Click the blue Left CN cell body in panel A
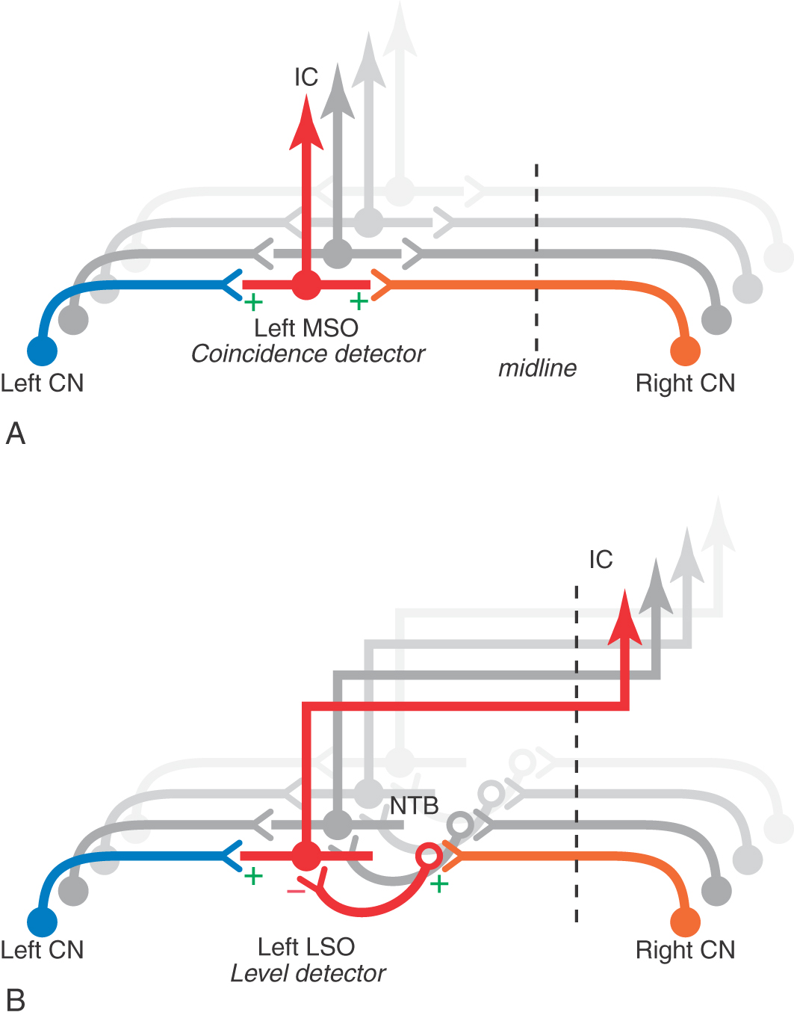(x=42, y=350)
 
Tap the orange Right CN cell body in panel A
(x=685, y=350)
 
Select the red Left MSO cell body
(x=305, y=285)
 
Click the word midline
(x=537, y=368)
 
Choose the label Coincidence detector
(x=308, y=354)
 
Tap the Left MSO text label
(x=306, y=327)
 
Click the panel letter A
(x=16, y=434)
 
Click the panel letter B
(x=16, y=999)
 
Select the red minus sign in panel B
(x=296, y=890)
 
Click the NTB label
(x=414, y=806)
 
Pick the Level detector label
(x=308, y=973)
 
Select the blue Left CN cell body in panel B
(x=42, y=922)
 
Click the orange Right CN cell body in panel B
(x=685, y=922)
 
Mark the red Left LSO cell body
(x=305, y=856)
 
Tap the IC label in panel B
(x=601, y=559)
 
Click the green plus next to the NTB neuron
(x=439, y=885)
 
